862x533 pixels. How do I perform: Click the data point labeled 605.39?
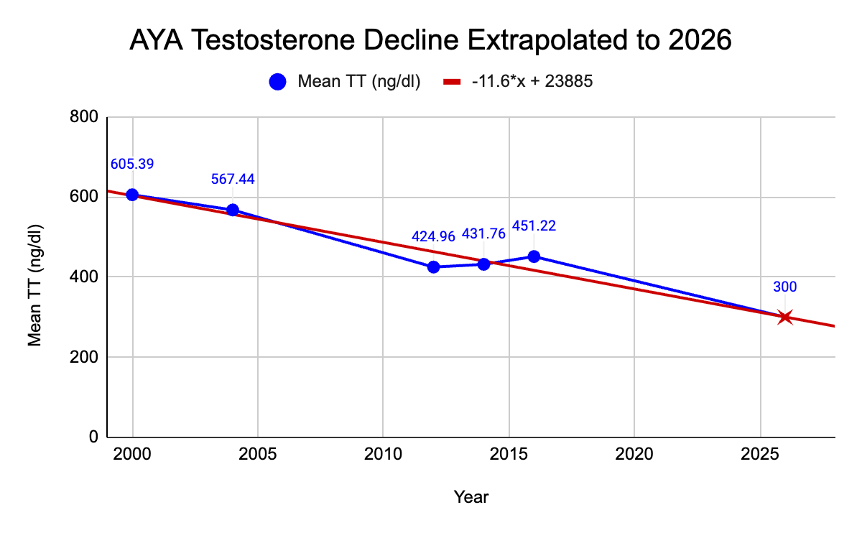click(x=132, y=195)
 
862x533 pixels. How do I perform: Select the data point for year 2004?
click(x=233, y=210)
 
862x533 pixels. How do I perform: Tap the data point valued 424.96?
click(x=433, y=266)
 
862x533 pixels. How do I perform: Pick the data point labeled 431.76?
click(x=483, y=264)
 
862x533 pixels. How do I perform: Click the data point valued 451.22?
click(x=534, y=256)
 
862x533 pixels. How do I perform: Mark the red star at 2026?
click(x=785, y=317)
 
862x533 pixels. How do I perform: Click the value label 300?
click(x=785, y=287)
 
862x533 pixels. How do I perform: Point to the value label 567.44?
click(x=233, y=180)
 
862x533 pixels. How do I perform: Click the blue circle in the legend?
click(x=278, y=82)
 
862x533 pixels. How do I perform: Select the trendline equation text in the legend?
click(x=532, y=82)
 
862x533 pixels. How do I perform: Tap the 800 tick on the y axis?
click(x=84, y=117)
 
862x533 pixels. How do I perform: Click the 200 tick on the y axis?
click(x=84, y=357)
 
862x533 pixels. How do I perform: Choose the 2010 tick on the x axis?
click(x=383, y=456)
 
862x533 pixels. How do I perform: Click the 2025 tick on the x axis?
click(x=760, y=456)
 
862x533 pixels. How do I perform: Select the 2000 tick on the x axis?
click(x=132, y=456)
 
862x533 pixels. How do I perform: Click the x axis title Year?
click(x=471, y=496)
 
